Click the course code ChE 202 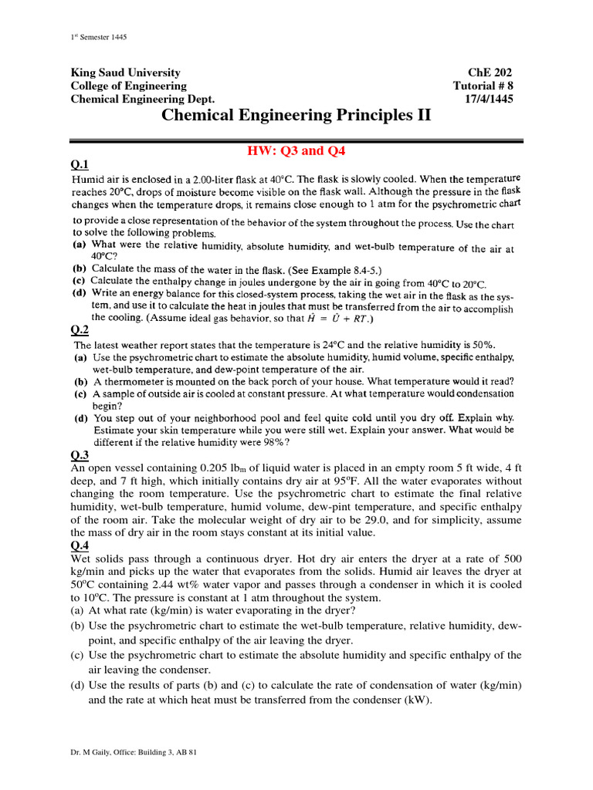[x=490, y=73]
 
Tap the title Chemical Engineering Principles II [x=296, y=116]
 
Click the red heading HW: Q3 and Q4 [x=296, y=151]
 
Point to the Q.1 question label [x=80, y=164]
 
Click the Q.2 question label [x=80, y=330]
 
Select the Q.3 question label [x=80, y=454]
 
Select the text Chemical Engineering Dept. [x=143, y=100]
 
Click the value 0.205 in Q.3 [x=215, y=468]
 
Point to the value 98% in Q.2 [x=275, y=442]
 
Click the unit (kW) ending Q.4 [x=415, y=701]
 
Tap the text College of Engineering [x=128, y=86]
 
